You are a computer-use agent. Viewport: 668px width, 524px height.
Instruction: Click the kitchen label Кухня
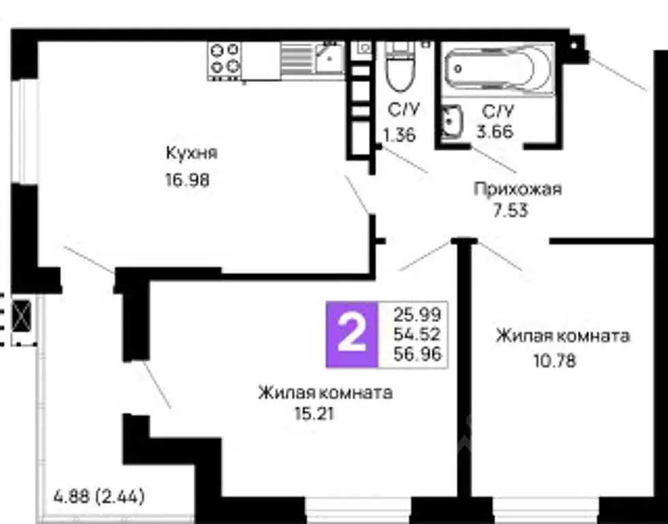(191, 153)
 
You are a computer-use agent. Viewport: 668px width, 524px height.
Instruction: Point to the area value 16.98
(186, 181)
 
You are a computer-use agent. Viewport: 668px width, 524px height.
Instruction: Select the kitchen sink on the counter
(329, 59)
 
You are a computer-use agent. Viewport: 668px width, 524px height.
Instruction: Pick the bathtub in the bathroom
(499, 68)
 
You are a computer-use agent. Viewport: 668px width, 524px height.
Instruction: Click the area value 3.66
(495, 132)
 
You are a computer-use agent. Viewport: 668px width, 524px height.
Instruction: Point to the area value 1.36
(400, 134)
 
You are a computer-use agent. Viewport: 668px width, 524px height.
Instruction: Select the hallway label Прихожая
(518, 189)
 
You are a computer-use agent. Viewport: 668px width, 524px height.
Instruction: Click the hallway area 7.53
(511, 210)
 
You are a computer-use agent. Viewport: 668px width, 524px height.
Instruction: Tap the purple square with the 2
(351, 334)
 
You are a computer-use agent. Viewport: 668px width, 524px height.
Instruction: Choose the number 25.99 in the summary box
(417, 315)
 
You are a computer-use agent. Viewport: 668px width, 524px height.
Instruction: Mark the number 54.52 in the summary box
(417, 334)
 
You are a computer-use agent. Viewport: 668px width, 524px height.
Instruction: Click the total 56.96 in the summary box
(417, 353)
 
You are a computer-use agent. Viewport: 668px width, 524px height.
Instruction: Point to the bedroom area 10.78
(554, 360)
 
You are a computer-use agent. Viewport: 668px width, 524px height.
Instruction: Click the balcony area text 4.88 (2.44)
(99, 496)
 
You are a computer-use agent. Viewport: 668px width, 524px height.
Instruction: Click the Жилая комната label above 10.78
(563, 336)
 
